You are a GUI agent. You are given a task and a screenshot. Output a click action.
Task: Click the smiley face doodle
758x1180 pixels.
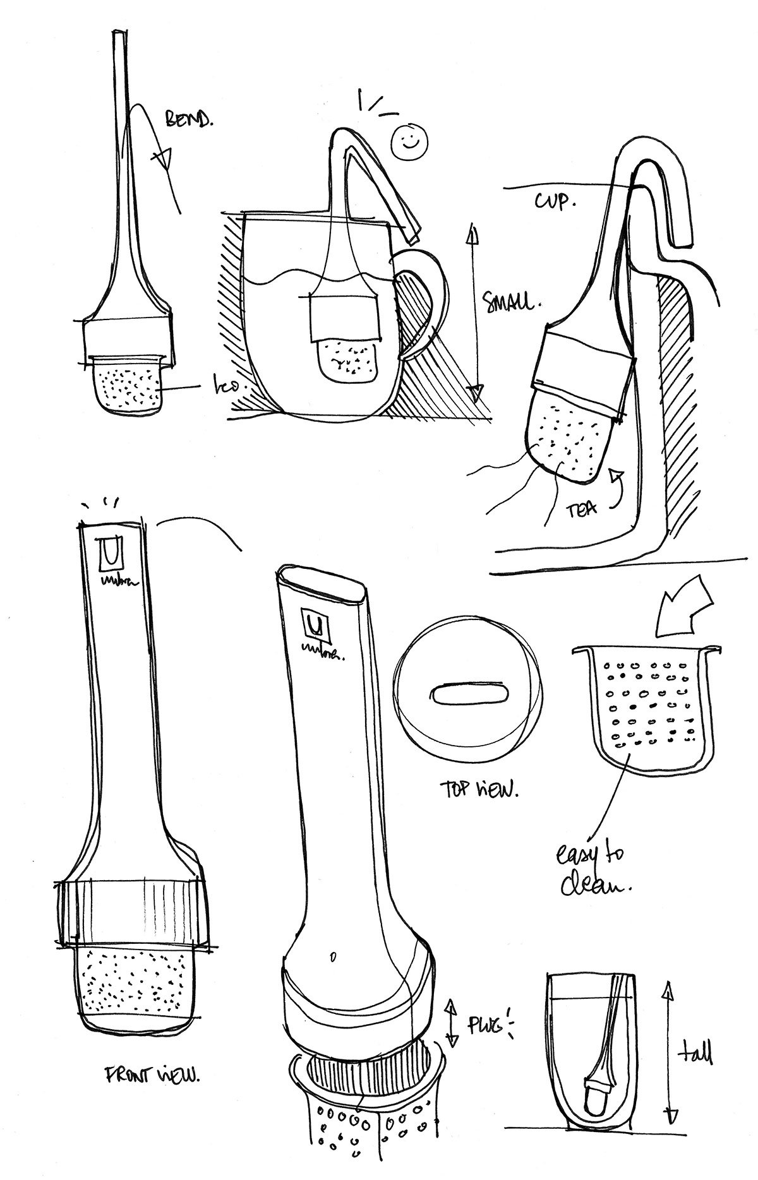coord(409,142)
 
